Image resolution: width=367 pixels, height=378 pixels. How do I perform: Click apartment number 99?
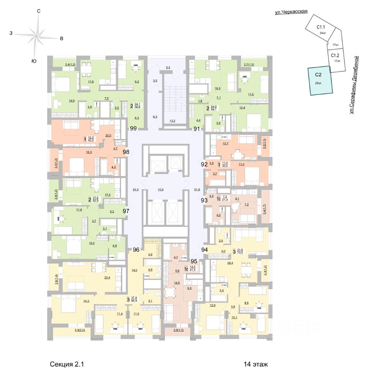pos(133,128)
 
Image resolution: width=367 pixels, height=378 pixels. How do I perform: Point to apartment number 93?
pos(204,200)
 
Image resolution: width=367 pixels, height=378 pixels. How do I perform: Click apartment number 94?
pos(204,249)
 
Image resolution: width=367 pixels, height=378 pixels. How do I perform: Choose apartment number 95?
pos(194,261)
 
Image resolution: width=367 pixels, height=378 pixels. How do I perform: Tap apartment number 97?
pos(126,211)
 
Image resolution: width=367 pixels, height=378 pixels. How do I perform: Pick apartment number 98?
pos(126,152)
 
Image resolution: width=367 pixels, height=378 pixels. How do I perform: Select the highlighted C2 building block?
pos(320,81)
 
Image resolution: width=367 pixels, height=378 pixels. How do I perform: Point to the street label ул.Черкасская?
pos(291,12)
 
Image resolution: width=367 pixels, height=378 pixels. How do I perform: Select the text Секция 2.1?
pos(67,364)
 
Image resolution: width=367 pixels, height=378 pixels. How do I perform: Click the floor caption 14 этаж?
pos(256,364)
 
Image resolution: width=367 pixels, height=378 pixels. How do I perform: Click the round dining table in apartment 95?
pos(171,293)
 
